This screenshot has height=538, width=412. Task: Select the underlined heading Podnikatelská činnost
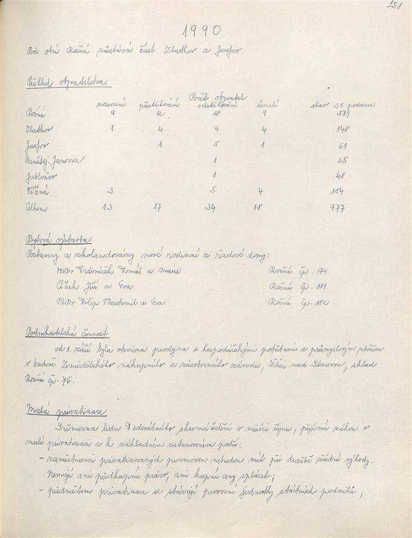pyautogui.click(x=68, y=333)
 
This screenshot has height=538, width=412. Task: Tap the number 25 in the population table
pyautogui.click(x=342, y=160)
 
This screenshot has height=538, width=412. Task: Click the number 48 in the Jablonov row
pyautogui.click(x=342, y=176)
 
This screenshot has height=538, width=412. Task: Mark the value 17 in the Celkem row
pyautogui.click(x=160, y=207)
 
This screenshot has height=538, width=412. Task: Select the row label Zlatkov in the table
pyautogui.click(x=40, y=129)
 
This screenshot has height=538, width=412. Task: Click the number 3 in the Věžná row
pyautogui.click(x=111, y=191)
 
